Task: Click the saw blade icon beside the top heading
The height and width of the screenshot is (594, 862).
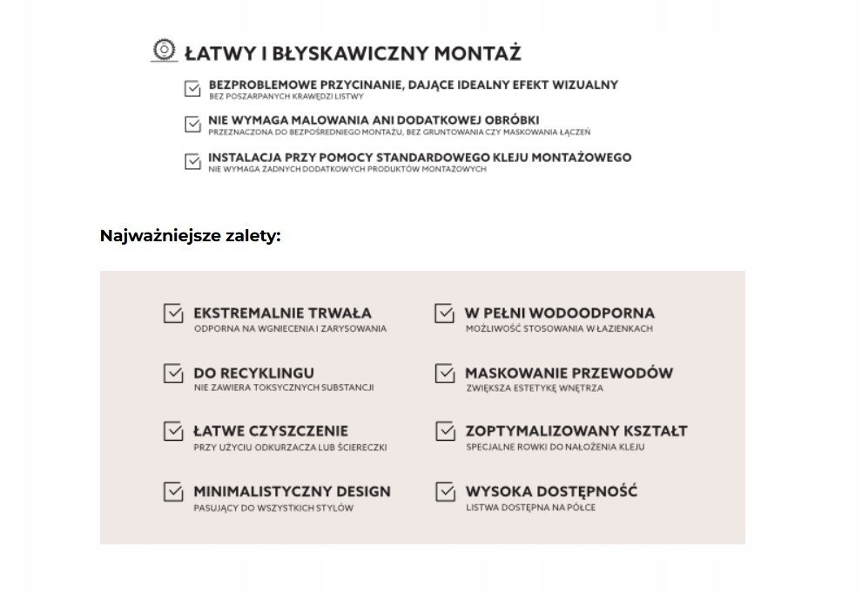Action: tap(162, 51)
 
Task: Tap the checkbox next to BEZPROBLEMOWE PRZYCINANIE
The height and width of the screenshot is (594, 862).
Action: tap(192, 88)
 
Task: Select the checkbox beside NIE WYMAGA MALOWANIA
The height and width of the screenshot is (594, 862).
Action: tap(192, 124)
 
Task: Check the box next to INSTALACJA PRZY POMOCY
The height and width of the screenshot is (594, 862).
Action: tap(192, 161)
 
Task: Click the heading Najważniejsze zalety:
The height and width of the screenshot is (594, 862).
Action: tap(191, 236)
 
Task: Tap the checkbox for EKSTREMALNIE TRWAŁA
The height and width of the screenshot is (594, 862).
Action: tap(173, 314)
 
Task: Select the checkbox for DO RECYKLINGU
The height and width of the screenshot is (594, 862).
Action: tap(173, 374)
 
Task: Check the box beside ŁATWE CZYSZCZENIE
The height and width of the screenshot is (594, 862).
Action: tap(173, 432)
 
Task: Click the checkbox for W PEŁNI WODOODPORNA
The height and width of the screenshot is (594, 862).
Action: tap(445, 314)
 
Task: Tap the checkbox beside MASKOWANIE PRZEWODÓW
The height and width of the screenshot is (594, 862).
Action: tap(445, 374)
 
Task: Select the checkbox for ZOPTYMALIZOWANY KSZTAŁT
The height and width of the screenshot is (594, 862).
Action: tap(445, 432)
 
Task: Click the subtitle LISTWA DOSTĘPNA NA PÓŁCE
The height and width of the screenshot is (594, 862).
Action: tap(530, 508)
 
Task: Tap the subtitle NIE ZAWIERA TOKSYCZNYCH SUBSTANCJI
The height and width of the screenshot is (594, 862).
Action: tap(284, 388)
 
